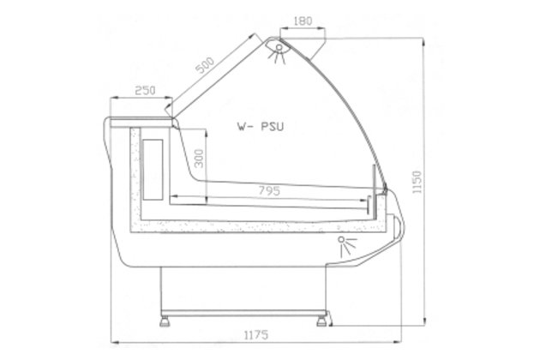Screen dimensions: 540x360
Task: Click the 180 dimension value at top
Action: tap(303, 21)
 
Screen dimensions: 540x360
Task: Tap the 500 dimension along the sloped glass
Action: tap(205, 65)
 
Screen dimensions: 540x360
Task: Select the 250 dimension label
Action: tap(145, 91)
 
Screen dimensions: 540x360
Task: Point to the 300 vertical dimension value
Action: tap(200, 158)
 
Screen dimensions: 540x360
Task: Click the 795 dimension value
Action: tap(269, 191)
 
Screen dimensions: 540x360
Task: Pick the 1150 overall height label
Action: tap(417, 182)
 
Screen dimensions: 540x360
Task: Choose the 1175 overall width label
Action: tap(256, 335)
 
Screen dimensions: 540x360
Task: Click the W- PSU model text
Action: tap(261, 127)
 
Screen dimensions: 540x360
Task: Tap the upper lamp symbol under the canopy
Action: tap(278, 52)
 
